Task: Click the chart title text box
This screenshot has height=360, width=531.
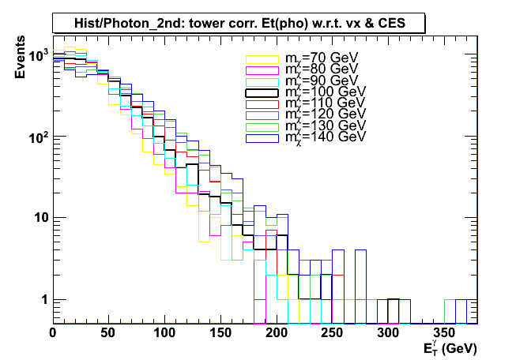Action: [240, 24]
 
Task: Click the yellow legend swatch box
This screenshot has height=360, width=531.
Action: [263, 59]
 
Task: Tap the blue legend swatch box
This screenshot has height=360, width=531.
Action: [263, 137]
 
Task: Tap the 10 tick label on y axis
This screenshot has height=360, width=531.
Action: [40, 219]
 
